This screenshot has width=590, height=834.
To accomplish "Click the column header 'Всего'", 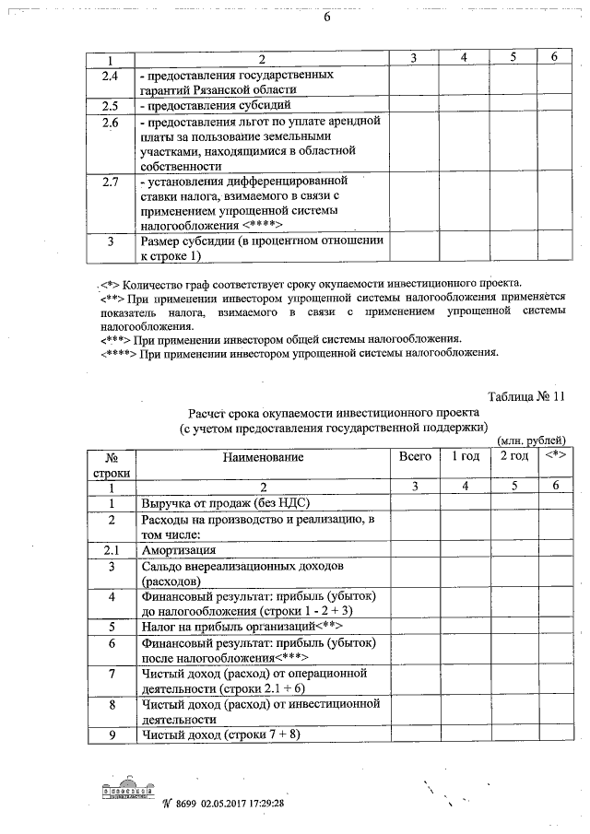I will pyautogui.click(x=414, y=457).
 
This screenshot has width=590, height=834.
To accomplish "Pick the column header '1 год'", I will pyautogui.click(x=465, y=457).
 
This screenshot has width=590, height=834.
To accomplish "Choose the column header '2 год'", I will pyautogui.click(x=513, y=457).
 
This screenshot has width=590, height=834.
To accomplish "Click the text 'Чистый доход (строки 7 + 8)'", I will pyautogui.click(x=220, y=734).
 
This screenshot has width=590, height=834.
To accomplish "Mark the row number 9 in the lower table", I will pyautogui.click(x=111, y=734).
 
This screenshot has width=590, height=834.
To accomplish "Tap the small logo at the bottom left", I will pyautogui.click(x=128, y=790).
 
